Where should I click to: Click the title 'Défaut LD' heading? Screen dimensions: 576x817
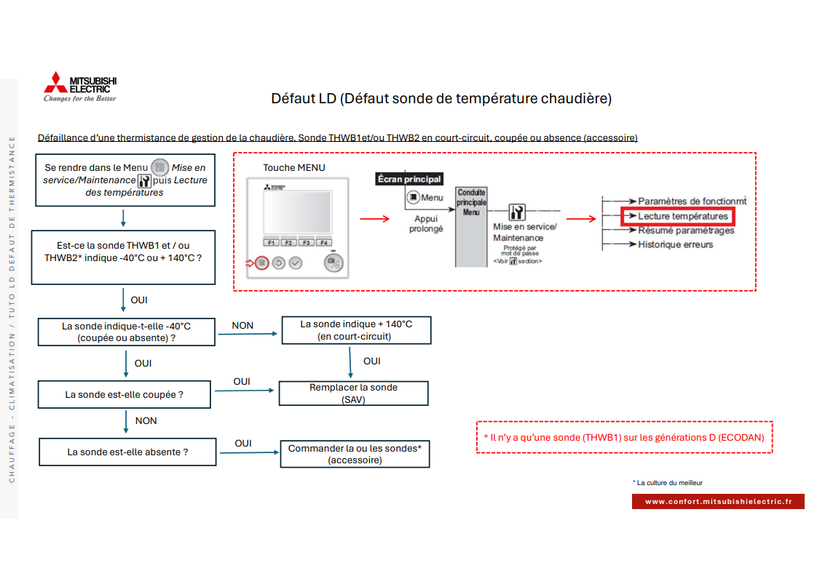click(441, 98)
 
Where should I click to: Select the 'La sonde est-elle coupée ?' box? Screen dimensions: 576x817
click(124, 394)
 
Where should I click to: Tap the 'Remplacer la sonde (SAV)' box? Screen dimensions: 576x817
click(354, 393)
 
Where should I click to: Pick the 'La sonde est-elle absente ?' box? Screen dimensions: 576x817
click(127, 452)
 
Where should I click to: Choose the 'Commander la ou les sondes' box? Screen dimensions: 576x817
click(355, 455)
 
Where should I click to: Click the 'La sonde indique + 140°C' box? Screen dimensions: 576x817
click(355, 330)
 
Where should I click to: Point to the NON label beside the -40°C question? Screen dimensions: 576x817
click(242, 326)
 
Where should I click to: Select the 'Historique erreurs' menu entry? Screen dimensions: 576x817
click(675, 244)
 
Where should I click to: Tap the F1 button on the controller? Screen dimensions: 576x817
click(271, 242)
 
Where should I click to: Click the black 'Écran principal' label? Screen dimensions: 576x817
click(409, 179)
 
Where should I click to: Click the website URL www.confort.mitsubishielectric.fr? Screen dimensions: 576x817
click(718, 501)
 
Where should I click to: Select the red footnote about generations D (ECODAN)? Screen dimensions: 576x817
click(624, 437)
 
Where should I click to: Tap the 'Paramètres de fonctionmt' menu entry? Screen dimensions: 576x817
click(692, 201)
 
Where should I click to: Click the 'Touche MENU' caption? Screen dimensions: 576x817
click(294, 167)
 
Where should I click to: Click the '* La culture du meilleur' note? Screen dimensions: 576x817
click(668, 482)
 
